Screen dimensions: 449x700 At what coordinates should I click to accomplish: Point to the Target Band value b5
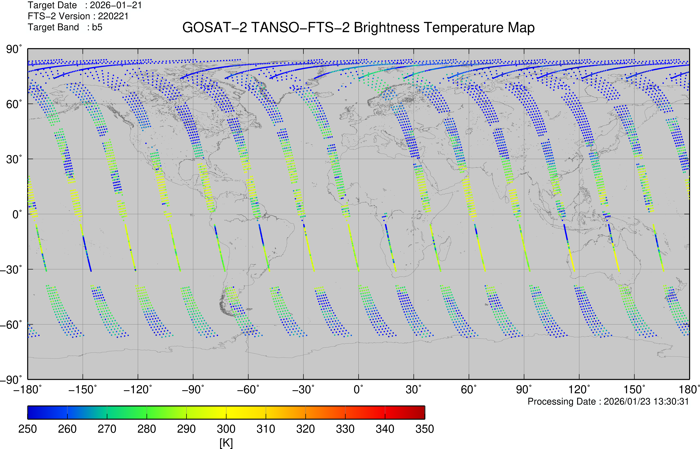(97, 27)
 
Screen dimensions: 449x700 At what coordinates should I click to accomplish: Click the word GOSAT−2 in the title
(215, 28)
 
